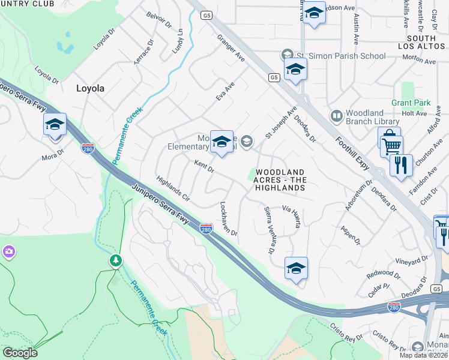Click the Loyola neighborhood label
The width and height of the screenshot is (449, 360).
90,88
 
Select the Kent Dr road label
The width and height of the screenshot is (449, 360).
204,166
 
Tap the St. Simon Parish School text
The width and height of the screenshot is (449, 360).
340,56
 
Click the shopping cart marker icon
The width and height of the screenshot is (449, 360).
391,145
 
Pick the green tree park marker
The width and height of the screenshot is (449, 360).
116,260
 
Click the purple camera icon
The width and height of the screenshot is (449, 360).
8,251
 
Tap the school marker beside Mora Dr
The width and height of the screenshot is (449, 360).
55,125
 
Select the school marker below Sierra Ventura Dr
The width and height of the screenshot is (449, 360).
296,269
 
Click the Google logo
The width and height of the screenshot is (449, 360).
20,353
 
